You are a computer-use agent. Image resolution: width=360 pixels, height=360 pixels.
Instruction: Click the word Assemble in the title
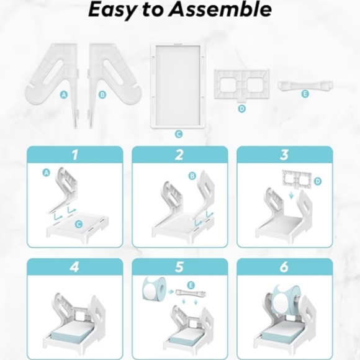tap(220, 10)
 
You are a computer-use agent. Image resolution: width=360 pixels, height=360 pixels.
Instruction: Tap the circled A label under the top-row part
tap(64, 94)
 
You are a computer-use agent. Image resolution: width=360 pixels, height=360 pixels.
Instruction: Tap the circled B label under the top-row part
tap(102, 94)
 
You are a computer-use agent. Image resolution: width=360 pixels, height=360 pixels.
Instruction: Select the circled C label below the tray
tap(179, 134)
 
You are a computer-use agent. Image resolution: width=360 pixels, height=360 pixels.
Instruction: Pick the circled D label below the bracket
tap(242, 109)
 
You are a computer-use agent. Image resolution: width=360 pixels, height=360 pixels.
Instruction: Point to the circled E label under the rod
tap(305, 94)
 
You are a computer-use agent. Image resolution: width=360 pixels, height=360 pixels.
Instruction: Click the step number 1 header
tap(75, 155)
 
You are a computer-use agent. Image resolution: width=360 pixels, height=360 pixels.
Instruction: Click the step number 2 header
tap(179, 155)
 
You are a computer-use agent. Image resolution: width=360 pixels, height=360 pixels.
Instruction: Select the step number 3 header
tap(284, 155)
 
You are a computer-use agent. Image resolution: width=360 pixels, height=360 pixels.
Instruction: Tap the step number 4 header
tap(74, 267)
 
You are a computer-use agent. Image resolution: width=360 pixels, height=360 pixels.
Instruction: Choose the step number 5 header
tap(179, 267)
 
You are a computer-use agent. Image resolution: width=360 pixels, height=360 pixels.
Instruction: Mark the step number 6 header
tap(284, 267)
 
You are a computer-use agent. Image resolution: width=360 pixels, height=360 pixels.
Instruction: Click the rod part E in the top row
tap(305, 85)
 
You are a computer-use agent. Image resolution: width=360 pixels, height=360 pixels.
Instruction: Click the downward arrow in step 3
tap(291, 195)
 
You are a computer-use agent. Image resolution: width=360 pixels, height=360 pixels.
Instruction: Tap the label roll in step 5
tap(154, 289)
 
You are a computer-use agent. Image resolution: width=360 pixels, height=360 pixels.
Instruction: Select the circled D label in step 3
tap(318, 181)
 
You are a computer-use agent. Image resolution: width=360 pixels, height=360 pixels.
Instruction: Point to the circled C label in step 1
tap(79, 224)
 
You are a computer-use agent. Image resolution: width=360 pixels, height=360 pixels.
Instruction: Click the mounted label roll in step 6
tap(286, 297)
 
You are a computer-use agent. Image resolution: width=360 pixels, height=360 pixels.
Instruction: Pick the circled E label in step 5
tap(191, 286)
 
